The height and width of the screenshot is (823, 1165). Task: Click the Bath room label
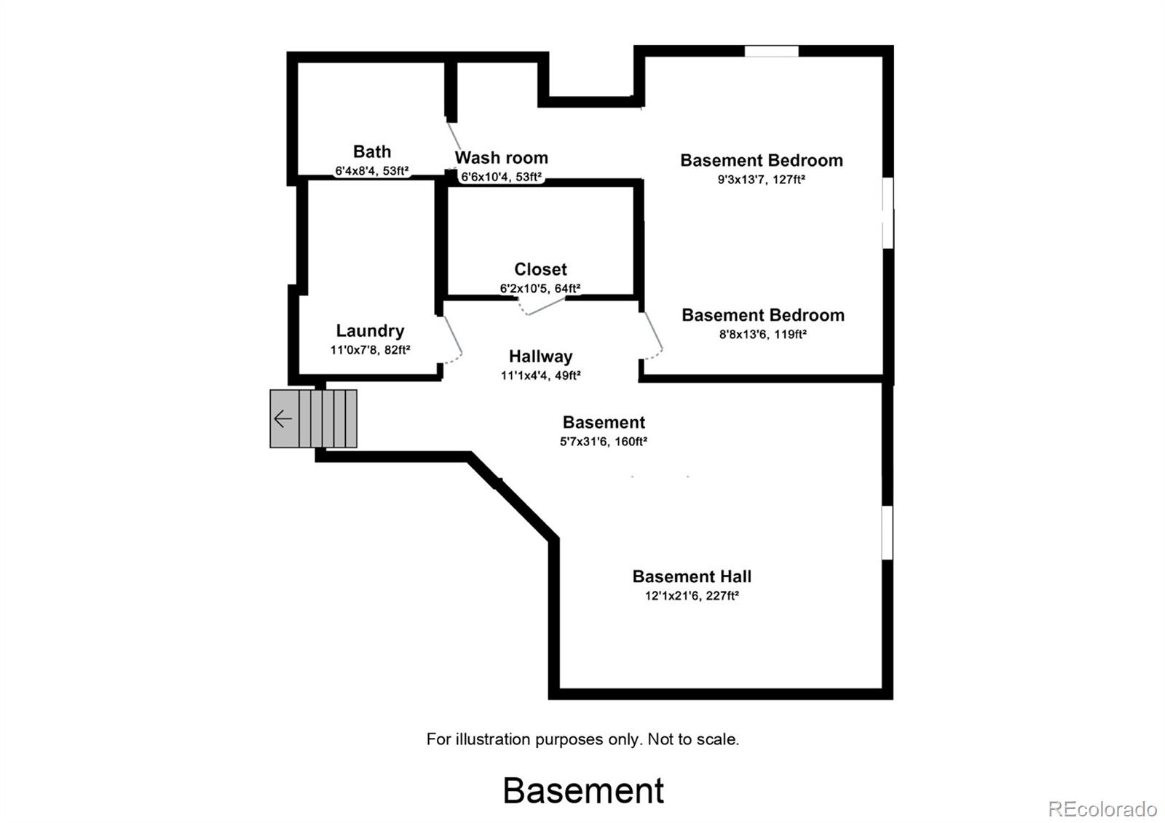(371, 151)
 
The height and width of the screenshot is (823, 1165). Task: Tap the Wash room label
(501, 158)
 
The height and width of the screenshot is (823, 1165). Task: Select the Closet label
(540, 269)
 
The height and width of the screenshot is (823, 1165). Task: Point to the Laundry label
(370, 331)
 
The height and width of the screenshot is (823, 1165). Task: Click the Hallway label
(540, 357)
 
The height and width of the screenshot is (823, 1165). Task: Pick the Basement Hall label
(692, 576)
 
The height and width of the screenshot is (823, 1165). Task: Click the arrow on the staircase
(283, 419)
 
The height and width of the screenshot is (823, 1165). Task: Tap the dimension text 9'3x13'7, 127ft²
(761, 179)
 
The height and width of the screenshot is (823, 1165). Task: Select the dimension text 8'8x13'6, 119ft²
(762, 334)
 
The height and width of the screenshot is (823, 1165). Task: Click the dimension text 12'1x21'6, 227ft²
(692, 595)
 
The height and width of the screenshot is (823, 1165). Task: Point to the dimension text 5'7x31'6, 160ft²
(604, 441)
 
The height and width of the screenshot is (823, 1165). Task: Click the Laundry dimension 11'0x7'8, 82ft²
(370, 350)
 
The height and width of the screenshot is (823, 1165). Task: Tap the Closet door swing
(543, 306)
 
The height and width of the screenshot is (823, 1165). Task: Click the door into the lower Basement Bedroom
(653, 335)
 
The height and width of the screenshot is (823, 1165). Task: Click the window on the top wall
(771, 52)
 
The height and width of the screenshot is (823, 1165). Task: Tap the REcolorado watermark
(1102, 808)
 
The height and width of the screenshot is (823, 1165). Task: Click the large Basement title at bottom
(583, 790)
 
